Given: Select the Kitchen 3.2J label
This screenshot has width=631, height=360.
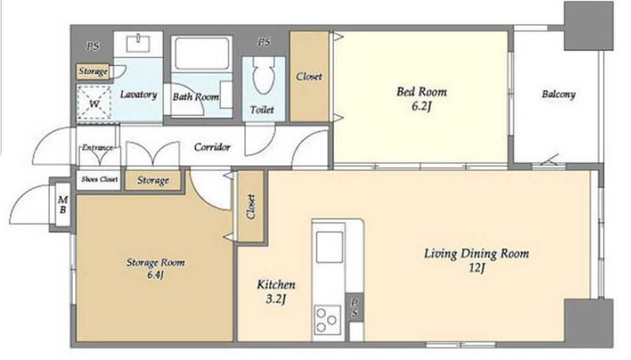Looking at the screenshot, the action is coord(276,292).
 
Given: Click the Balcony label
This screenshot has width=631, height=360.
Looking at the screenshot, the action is coord(559,94).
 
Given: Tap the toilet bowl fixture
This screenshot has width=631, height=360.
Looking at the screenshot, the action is coord(264,74).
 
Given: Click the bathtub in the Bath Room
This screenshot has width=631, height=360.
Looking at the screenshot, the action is coord(202,54).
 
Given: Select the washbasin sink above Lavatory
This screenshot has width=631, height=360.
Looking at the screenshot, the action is coord(138,43).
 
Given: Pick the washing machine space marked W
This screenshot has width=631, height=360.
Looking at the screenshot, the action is coord(94,102).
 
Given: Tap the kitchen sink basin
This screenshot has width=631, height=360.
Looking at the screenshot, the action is coord(330,247).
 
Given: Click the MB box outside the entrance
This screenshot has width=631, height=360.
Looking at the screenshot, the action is coord(63,205).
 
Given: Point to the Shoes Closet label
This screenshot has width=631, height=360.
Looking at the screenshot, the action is coord(99,179).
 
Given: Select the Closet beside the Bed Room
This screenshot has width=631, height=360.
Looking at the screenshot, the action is coord(309,76).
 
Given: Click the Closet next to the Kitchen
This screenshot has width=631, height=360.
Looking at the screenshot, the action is coord(251,207).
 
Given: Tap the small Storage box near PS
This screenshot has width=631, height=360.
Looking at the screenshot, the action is coord(93,71).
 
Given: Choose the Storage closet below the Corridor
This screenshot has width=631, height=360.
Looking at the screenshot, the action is coord(153,180).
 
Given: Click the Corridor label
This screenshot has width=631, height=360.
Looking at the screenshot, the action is coord(212,147).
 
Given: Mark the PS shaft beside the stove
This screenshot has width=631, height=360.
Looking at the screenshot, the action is coord(355,308).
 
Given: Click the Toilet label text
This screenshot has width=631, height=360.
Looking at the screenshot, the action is coord(262,110).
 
